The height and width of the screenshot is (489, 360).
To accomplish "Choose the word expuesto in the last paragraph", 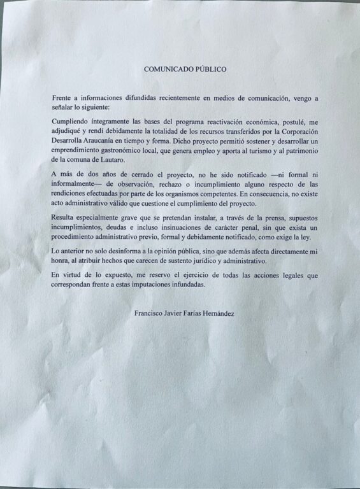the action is tap(115, 275).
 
